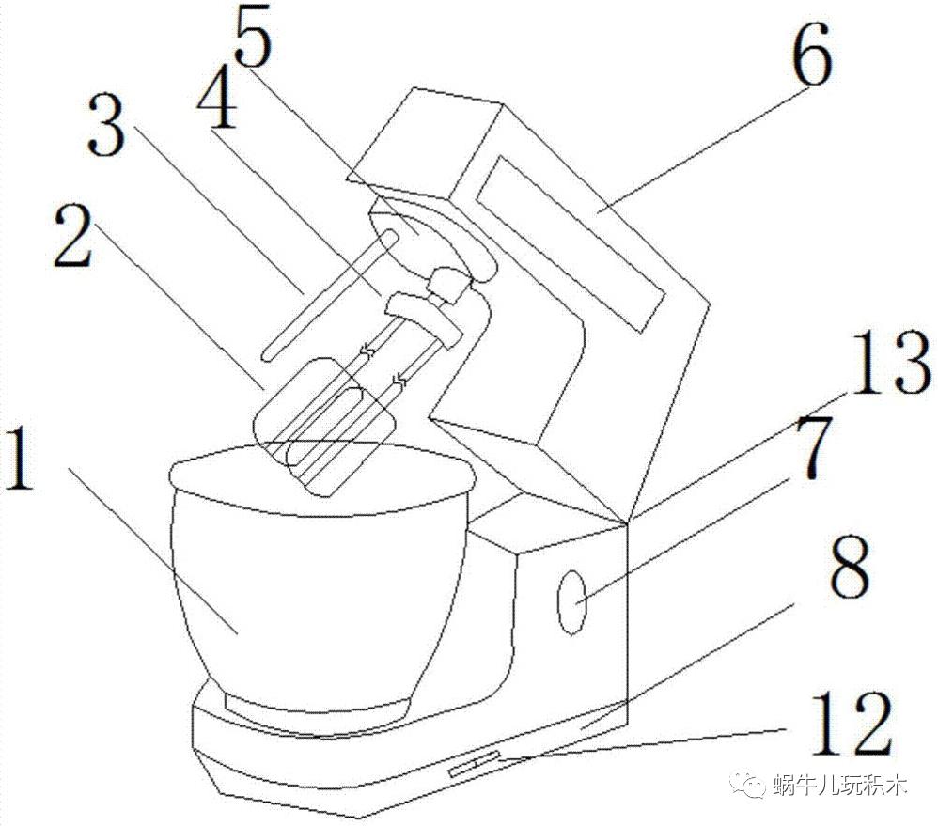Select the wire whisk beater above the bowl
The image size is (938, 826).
point(320,423)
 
